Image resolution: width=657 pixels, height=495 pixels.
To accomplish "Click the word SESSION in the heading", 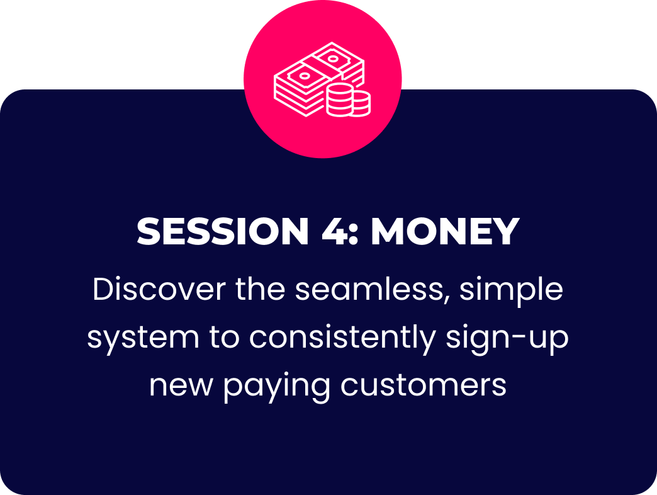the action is click(x=223, y=231).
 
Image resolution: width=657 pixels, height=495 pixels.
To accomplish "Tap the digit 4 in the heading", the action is click(x=334, y=231).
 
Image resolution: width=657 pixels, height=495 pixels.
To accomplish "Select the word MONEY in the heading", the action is click(x=446, y=231).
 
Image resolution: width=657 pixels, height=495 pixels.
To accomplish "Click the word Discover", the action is click(x=159, y=289).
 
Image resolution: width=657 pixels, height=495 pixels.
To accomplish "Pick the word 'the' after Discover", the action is click(x=260, y=289).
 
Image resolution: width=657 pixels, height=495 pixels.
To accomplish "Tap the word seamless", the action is click(x=368, y=289).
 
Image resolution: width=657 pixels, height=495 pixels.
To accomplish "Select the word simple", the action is click(x=511, y=292).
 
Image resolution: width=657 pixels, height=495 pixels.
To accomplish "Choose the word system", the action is click(x=143, y=339).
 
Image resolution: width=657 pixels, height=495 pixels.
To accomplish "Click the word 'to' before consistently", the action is click(x=224, y=338).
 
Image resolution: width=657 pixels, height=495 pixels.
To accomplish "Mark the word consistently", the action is click(x=343, y=339).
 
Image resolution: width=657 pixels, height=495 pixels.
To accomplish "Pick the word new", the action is click(x=181, y=385).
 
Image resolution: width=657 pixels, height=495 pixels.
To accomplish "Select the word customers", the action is click(x=423, y=385).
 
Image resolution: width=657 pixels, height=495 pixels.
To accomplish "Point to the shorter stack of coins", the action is click(x=361, y=103).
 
